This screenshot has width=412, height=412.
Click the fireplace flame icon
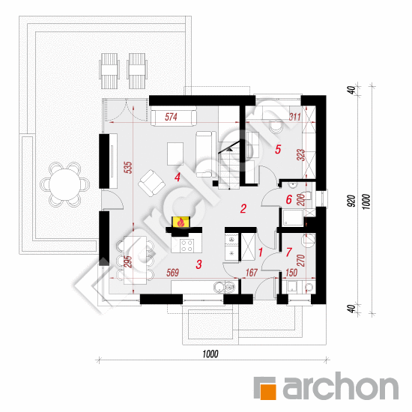[x=181, y=222]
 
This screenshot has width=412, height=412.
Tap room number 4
[x=178, y=177]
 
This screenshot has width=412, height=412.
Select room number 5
[x=278, y=149]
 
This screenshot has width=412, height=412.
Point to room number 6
[x=288, y=199]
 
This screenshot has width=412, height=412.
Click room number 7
[x=288, y=252]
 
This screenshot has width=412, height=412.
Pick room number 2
[x=243, y=208]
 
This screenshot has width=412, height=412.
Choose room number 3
[x=199, y=264]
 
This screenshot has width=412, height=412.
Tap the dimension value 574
[x=171, y=117]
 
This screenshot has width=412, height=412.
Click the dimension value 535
[x=129, y=168]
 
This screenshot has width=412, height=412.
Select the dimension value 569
[x=172, y=273]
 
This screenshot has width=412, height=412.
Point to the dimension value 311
[x=295, y=116]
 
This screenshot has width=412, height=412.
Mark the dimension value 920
[x=351, y=201]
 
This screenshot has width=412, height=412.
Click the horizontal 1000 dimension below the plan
[x=210, y=354]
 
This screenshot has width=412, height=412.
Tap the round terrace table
[x=65, y=184]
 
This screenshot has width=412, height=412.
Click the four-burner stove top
[x=187, y=246]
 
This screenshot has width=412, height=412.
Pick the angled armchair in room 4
[x=151, y=183]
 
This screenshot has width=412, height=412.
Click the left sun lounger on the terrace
[x=109, y=71]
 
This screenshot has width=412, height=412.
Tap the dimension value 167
[x=252, y=273]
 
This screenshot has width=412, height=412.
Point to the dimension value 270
[x=300, y=261]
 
